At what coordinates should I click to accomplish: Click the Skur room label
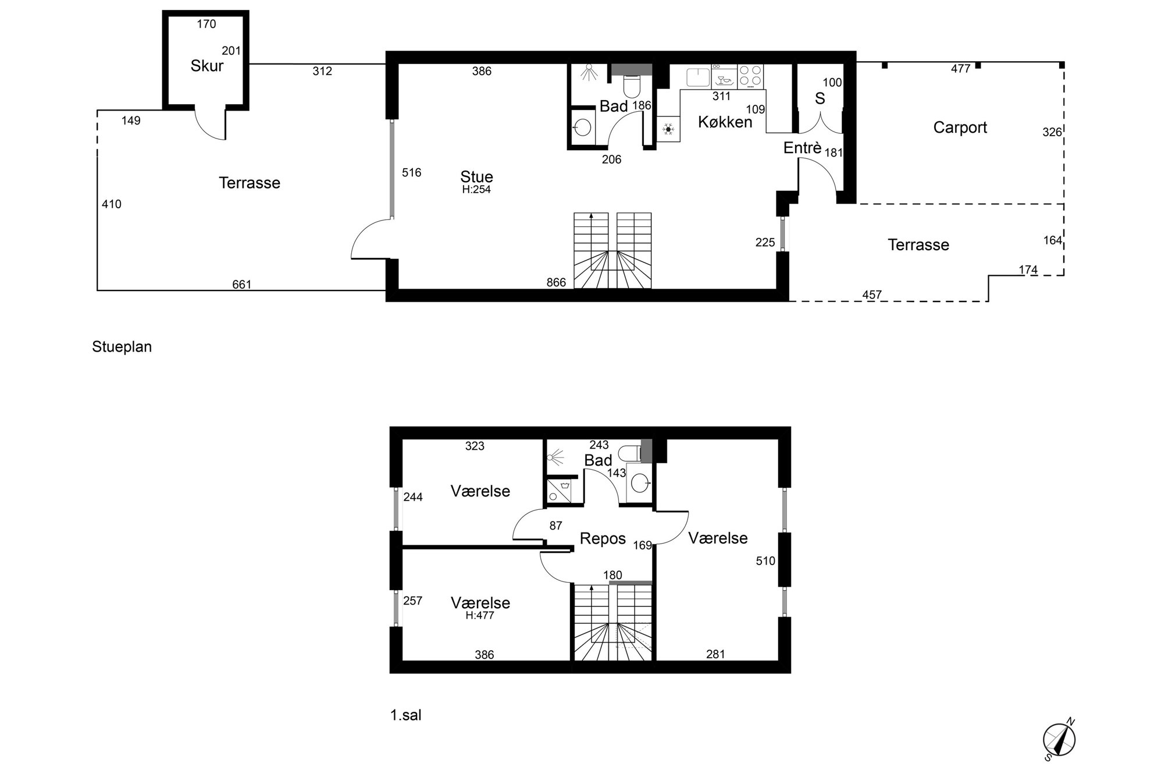pos(207,66)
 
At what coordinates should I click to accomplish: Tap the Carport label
pos(960,127)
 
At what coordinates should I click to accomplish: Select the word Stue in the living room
pos(476,176)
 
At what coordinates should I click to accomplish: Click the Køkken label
pos(725,122)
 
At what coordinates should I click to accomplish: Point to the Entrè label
pos(802,148)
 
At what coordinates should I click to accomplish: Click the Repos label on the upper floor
pos(603,539)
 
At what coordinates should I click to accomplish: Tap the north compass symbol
pos(1059,740)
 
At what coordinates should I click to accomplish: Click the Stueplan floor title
pos(122,347)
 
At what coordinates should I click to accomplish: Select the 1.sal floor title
pos(405,715)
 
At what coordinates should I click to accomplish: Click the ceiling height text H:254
pos(476,190)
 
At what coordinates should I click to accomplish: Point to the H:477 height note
pos(480,615)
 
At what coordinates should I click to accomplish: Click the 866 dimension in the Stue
pos(556,282)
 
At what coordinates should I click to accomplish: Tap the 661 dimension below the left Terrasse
pos(241,285)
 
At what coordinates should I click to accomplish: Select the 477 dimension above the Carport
pos(960,69)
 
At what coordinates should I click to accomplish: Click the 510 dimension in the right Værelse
pos(765,561)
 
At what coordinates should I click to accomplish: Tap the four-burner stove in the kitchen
pos(750,76)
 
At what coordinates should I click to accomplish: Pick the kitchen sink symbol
pos(697,77)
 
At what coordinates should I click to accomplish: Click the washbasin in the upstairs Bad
pos(640,482)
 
